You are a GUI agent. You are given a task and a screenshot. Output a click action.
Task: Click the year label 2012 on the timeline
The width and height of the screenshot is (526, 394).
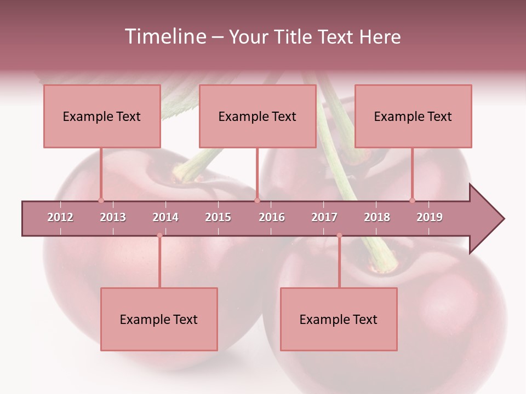(x=60, y=217)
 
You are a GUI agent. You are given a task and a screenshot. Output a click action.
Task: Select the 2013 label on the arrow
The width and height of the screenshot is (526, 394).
(x=113, y=217)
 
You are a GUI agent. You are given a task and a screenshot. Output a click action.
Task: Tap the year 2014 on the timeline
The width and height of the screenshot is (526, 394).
(x=165, y=217)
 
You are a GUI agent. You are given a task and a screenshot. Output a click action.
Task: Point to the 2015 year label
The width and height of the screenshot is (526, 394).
(x=218, y=217)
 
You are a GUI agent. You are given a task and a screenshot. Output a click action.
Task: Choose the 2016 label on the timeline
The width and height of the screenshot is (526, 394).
(x=272, y=217)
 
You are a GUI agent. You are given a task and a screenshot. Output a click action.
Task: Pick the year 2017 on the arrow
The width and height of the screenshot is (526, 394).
(x=324, y=217)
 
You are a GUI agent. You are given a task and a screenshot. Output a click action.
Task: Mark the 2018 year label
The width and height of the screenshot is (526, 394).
(x=377, y=217)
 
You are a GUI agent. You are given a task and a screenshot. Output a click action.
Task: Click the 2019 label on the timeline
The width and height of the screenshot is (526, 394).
(x=430, y=217)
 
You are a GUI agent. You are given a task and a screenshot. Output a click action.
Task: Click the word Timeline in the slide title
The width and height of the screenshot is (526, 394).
(x=164, y=37)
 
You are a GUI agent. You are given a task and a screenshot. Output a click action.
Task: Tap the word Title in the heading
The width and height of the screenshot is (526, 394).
(x=293, y=37)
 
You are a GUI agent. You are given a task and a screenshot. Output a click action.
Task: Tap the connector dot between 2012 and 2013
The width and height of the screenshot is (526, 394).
(x=101, y=200)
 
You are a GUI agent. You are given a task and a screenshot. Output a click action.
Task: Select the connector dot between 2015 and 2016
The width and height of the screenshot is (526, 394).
(x=257, y=200)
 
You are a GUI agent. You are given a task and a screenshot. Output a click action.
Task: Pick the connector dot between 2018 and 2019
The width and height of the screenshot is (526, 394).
(x=412, y=200)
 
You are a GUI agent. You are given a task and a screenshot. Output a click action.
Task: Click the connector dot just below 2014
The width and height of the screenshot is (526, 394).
(x=159, y=235)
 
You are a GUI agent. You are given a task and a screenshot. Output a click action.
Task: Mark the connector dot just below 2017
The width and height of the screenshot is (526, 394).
(x=339, y=235)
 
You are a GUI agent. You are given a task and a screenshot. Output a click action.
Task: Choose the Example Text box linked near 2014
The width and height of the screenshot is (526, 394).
(x=159, y=319)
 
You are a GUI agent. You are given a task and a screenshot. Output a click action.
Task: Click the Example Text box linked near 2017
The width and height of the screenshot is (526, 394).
(x=339, y=319)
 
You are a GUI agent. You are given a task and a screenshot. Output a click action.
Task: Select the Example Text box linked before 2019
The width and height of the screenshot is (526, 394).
(x=413, y=116)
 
